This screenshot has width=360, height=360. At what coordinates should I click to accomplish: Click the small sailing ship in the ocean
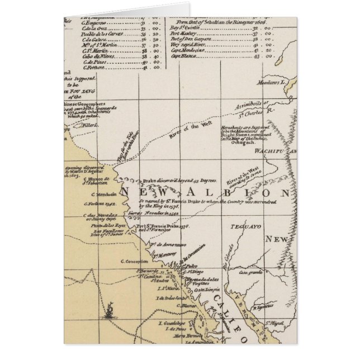click(x=111, y=309)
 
